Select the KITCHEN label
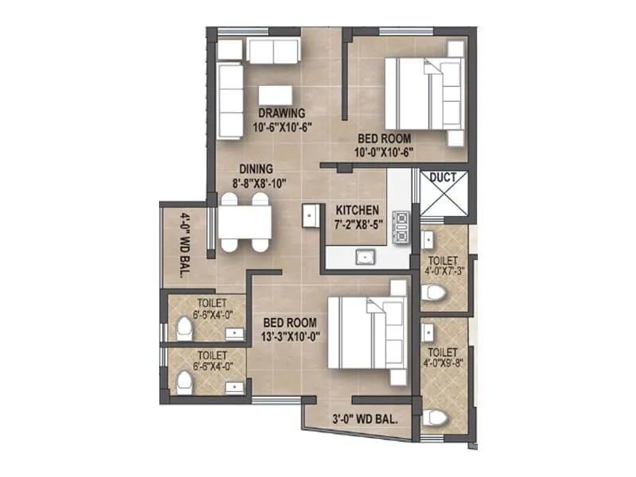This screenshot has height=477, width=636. point(356,211)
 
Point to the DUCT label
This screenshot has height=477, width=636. point(443,177)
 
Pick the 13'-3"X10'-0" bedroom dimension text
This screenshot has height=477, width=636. point(290,336)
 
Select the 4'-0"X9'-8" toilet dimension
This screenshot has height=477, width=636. point(444,365)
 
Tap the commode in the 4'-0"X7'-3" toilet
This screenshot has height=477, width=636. point(432,294)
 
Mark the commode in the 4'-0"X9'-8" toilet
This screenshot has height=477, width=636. point(434,419)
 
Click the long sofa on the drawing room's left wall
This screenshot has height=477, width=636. point(230,101)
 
